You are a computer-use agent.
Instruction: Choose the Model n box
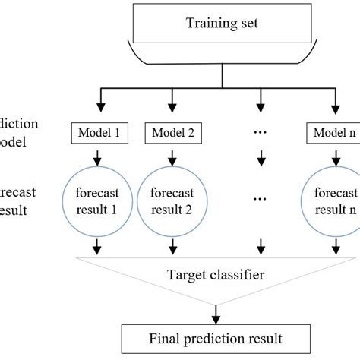coord(332,132)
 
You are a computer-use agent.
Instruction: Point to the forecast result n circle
coord(332,201)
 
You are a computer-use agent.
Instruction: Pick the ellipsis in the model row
coord(261,134)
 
